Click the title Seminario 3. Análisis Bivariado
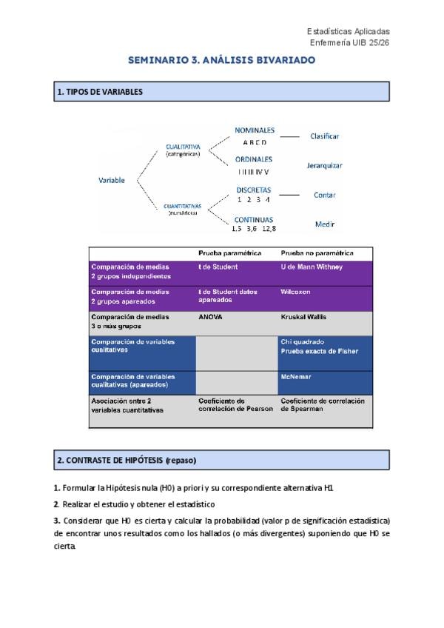(222, 59)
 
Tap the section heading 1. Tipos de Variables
(99, 92)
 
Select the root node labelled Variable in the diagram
(112, 180)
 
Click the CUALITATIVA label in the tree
(183, 147)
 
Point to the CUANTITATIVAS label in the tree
(183, 207)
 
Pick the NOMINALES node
(255, 130)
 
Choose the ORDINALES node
(254, 159)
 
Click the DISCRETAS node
(254, 190)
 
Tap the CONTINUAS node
(254, 220)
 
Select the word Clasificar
(325, 136)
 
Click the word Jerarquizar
(325, 166)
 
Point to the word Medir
(325, 224)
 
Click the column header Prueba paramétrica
(229, 253)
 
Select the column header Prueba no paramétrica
(317, 253)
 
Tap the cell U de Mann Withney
(312, 267)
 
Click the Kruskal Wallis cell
(304, 317)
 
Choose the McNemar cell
(296, 376)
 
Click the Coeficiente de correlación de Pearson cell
(235, 404)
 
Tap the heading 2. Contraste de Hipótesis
(127, 460)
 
